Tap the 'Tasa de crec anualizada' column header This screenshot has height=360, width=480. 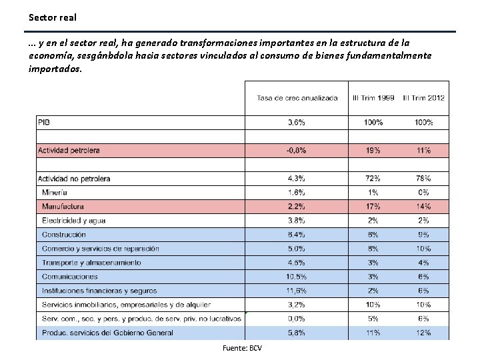297,99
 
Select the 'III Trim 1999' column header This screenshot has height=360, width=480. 373,99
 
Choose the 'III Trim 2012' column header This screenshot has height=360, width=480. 423,99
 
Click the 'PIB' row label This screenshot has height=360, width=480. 44,122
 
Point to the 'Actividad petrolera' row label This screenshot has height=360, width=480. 69,151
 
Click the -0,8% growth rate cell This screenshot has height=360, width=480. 296,151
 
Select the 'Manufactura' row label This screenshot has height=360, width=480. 63,207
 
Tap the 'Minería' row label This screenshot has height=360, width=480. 55,193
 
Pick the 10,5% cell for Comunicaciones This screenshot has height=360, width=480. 296,277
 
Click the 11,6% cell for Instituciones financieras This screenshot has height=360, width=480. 296,291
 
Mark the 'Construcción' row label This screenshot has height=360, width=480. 64,235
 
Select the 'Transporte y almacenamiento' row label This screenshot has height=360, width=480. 91,263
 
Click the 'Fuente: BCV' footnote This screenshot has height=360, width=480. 243,349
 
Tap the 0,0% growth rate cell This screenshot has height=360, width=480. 296,319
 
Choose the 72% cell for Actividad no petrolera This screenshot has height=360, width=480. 373,179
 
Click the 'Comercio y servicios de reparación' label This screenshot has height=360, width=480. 101,249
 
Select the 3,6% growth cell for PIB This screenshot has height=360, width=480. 296,123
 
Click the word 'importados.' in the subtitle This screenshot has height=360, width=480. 56,69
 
